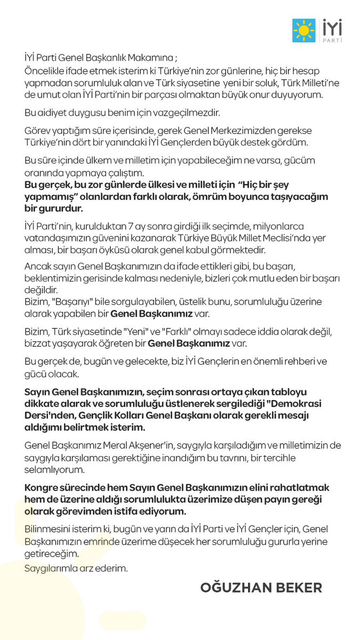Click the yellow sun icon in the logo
pos(304,30)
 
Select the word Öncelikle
pos(45,71)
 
